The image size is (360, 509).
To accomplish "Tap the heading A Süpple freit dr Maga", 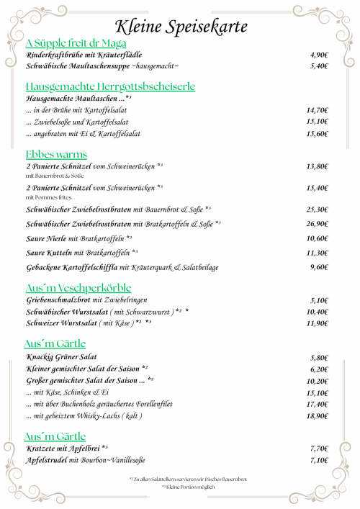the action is [76, 43].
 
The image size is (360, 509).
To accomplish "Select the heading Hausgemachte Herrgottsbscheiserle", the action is [110, 86].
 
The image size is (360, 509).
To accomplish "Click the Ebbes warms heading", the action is [56, 154].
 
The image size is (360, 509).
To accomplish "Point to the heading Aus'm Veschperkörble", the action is [78, 287].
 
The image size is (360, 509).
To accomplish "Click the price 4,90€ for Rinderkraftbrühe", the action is [319, 55].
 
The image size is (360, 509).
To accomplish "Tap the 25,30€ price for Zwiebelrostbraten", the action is [318, 210].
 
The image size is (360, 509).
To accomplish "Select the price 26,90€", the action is [318, 224].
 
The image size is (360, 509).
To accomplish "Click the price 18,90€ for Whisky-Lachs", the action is [318, 416].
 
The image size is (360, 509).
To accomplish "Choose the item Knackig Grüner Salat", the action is [60, 357].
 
